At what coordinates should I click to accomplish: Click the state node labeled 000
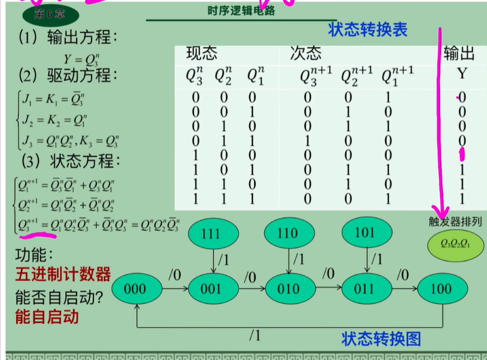coord(135,289)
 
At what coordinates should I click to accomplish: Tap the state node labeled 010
coord(288,289)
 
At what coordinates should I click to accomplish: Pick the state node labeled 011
coord(365,289)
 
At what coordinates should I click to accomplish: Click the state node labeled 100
coord(441,289)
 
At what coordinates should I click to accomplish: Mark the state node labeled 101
coord(365,233)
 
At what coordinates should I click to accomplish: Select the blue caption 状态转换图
coord(381,339)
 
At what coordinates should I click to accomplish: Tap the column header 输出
coord(459,53)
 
